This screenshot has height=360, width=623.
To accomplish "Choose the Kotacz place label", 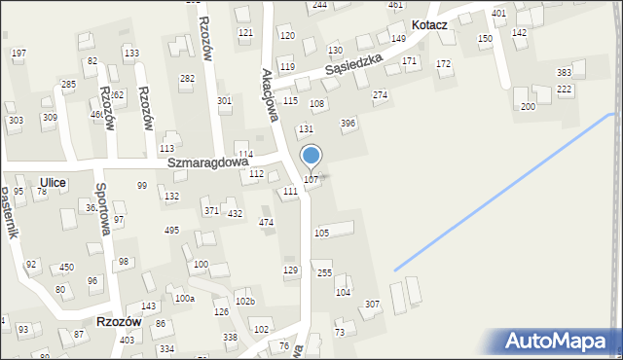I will click(x=429, y=24).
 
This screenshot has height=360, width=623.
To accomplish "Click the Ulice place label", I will click(x=54, y=181).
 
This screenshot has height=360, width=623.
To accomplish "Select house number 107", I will click(x=311, y=180).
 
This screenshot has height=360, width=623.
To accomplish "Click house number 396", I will click(x=348, y=124).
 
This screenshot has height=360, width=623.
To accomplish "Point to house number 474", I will click(x=266, y=223).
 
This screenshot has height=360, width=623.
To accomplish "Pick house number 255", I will click(x=325, y=273).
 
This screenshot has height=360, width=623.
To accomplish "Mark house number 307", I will click(x=372, y=305).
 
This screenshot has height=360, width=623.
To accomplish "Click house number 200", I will click(x=528, y=106).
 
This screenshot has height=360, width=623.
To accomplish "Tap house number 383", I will click(x=564, y=73).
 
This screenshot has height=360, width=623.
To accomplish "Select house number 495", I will click(x=171, y=231).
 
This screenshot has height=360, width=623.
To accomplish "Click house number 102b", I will click(x=245, y=302).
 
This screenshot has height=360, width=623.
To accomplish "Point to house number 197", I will click(x=18, y=53).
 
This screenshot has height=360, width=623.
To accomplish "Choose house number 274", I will click(x=380, y=95).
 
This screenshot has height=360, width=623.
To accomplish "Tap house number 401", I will click(x=498, y=14).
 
